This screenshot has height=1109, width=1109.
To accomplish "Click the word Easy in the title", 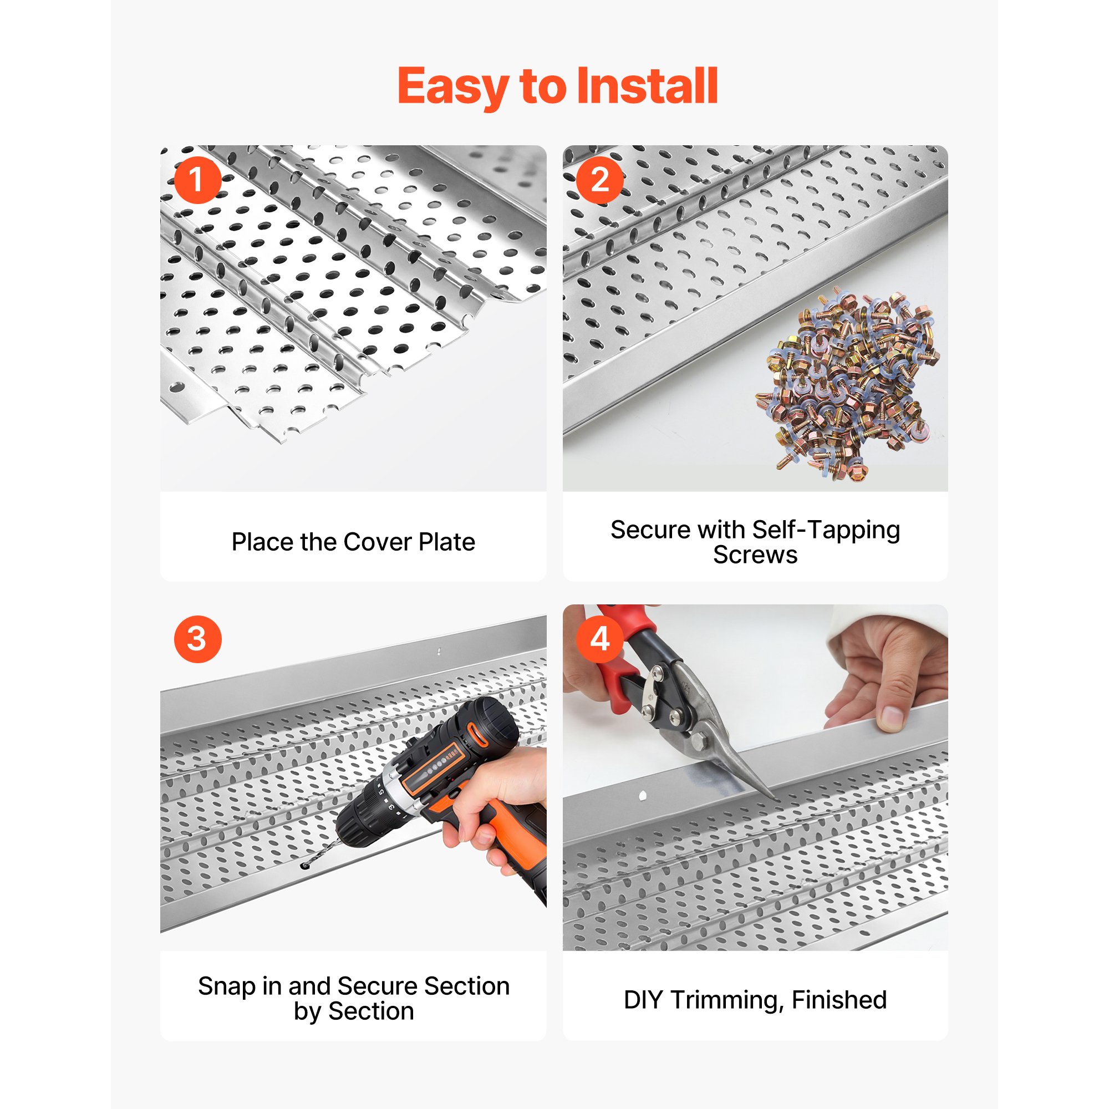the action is coord(453,88).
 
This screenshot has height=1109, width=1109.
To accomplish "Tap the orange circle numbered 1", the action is coord(197,180).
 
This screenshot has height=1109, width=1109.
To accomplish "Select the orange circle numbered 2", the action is coord(600,180).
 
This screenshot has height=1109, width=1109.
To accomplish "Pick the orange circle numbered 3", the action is coord(197,639).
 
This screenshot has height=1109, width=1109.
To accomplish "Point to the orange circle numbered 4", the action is coord(600,639).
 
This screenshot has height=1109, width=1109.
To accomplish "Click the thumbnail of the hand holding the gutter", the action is coord(891,717).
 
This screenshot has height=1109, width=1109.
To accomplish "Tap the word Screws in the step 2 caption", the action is coord(755,556).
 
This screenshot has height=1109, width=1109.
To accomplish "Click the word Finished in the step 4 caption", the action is coord(839,1000).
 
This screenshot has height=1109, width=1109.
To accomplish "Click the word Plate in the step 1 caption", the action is coord(446,542).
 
